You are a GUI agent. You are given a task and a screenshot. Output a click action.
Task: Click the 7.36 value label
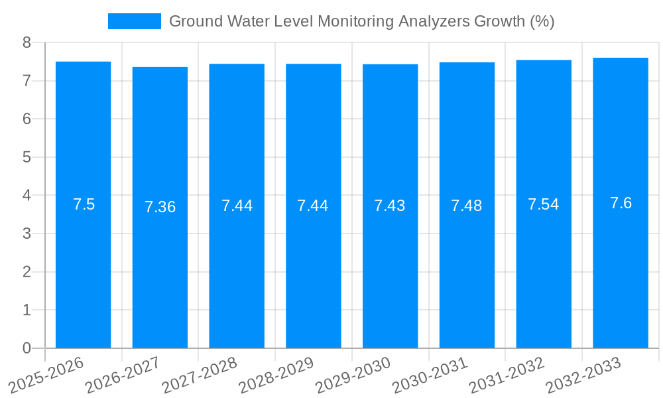(x=160, y=207)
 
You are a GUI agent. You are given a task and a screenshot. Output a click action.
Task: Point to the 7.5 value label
(x=84, y=204)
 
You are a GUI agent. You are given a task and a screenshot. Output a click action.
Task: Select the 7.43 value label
(x=390, y=206)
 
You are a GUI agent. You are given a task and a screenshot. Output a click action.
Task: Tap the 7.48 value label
(x=467, y=206)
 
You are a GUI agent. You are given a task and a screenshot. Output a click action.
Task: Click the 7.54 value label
(x=544, y=204)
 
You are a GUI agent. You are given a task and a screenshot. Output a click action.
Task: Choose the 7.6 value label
(x=621, y=203)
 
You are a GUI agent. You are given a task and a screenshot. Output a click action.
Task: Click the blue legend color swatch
(x=135, y=21)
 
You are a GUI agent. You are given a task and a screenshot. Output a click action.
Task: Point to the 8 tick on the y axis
(x=27, y=42)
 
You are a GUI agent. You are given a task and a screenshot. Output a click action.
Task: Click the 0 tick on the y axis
(x=27, y=348)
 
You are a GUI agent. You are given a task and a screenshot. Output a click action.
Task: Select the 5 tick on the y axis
(x=27, y=157)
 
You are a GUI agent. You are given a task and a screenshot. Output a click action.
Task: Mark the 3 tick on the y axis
(x=27, y=233)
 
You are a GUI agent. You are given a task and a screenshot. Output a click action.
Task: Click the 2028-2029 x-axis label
(x=276, y=375)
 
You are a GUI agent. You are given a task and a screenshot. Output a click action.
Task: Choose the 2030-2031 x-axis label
(x=430, y=375)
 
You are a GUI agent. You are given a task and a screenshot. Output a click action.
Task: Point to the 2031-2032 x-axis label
(x=507, y=375)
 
